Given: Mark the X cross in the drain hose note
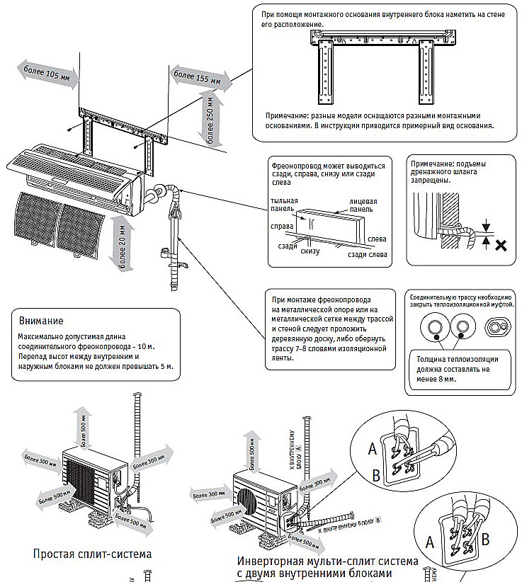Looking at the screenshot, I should click(x=501, y=245).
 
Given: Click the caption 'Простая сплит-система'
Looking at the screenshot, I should click(x=92, y=552).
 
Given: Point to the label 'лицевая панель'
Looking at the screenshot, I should click(x=363, y=205).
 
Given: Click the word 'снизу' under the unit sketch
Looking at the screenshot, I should click(x=310, y=251).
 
